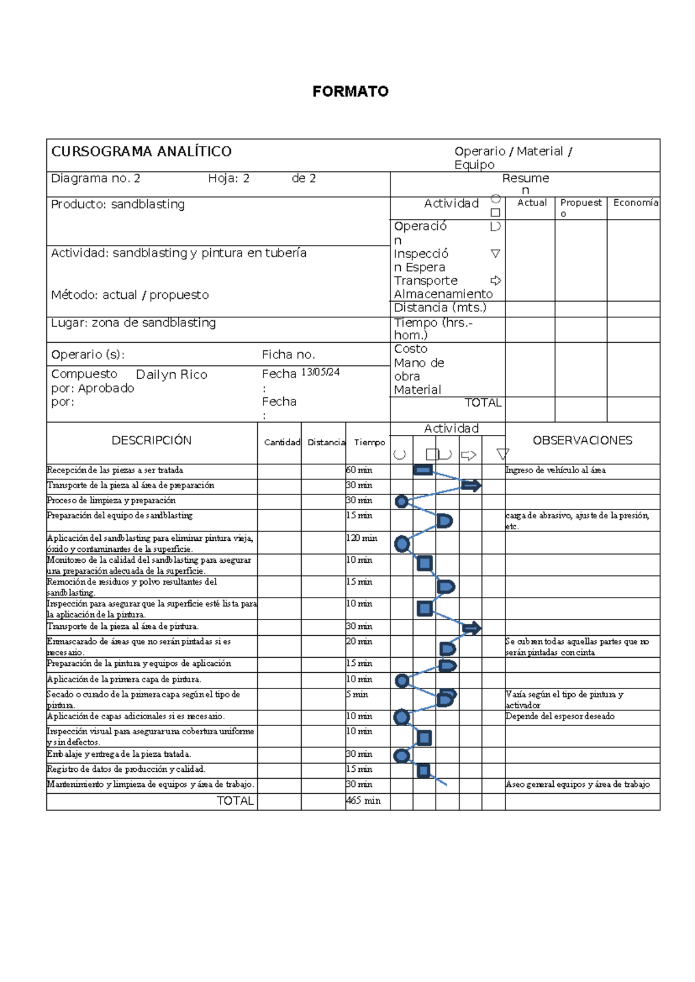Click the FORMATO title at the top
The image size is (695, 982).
[x=350, y=91]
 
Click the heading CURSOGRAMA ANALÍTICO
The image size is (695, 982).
[x=141, y=152]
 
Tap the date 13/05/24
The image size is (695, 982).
[x=320, y=372]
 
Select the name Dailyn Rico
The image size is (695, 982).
[x=171, y=375]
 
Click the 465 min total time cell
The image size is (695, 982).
[x=363, y=801]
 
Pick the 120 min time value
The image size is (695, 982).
[x=361, y=538]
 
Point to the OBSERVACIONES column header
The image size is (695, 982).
[x=582, y=441]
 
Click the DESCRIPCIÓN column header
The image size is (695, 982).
[x=151, y=441]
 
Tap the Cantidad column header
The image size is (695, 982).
[x=282, y=442]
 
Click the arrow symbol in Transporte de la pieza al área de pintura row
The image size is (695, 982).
[x=472, y=628]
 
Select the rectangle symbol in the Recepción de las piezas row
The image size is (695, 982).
[x=423, y=470]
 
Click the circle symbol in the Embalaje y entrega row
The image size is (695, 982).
[x=401, y=756]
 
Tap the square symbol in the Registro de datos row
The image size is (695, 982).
[x=423, y=770]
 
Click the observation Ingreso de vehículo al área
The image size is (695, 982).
[x=555, y=470]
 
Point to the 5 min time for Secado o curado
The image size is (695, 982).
[x=360, y=694]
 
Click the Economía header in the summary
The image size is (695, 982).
[x=635, y=203]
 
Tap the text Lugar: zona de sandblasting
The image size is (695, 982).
[x=133, y=323]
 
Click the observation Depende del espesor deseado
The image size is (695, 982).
[x=559, y=716]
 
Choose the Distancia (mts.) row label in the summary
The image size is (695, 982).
[x=440, y=308]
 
